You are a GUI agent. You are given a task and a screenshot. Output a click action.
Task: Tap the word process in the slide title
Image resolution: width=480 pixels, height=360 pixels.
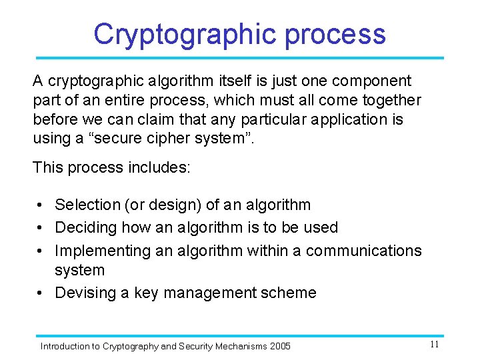[335, 34]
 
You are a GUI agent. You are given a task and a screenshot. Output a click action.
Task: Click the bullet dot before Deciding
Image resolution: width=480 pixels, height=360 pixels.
[41, 228]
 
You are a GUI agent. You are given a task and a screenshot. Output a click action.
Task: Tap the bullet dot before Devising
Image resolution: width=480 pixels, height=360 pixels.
[41, 293]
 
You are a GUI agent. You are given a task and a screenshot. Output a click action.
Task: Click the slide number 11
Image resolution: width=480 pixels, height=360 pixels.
[434, 345]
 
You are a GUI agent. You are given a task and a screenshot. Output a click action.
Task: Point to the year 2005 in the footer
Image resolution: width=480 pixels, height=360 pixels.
[280, 346]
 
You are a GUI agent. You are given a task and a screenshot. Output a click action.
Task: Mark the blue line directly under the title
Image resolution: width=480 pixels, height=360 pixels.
[240, 58]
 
